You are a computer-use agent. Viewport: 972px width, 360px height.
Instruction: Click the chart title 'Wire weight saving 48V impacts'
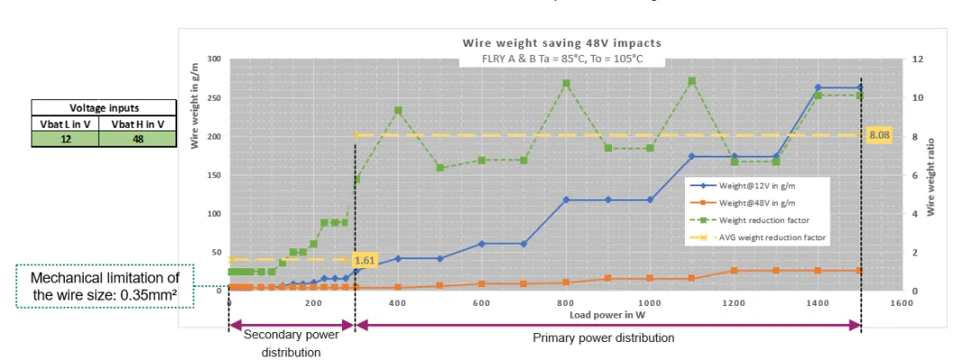[x=562, y=42]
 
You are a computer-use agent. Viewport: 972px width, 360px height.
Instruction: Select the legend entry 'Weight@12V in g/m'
[x=757, y=184]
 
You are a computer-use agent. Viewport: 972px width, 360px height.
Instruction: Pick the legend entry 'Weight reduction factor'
[x=763, y=220]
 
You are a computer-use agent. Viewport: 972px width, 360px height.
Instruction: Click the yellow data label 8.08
[x=878, y=135]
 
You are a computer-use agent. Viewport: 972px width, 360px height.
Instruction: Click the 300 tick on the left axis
[x=214, y=58]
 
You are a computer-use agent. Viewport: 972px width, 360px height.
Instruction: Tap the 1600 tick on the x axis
[x=902, y=304]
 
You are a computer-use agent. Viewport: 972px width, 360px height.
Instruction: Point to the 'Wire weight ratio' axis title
[x=932, y=174]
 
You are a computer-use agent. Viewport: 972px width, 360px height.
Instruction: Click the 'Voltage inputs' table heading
[x=103, y=107]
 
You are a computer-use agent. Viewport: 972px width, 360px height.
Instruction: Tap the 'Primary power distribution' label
[x=603, y=338]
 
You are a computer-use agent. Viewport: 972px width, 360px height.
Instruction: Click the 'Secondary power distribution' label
[x=291, y=343]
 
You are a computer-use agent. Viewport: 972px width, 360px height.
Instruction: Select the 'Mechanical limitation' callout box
[x=104, y=285]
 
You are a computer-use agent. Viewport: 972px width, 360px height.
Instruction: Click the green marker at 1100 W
[x=691, y=81]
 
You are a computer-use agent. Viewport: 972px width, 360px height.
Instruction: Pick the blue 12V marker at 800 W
[x=566, y=199]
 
